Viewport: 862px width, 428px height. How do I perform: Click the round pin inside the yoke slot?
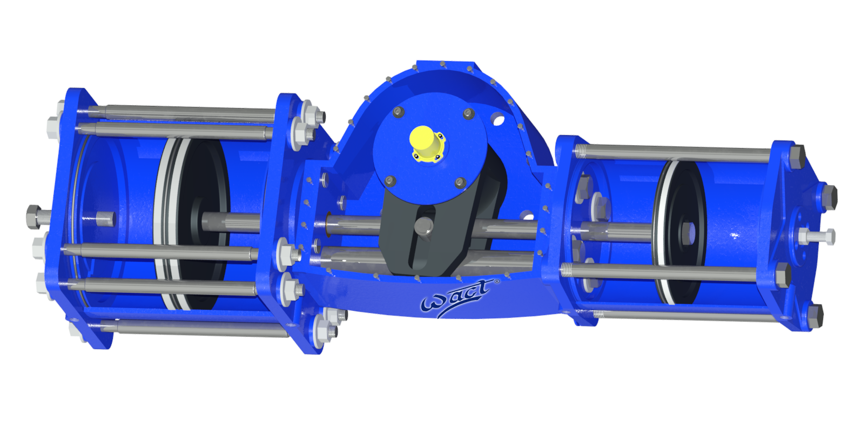[x=425, y=226]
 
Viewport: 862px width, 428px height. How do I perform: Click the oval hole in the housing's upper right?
[x=499, y=118]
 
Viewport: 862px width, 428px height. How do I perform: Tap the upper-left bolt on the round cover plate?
[x=398, y=112]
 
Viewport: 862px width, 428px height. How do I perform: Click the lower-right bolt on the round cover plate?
[x=460, y=183]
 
